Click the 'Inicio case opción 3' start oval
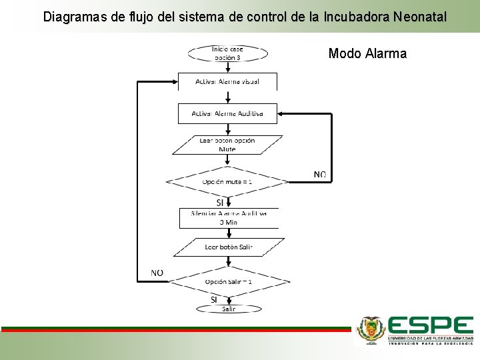tap(227, 53)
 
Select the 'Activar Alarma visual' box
tap(227, 81)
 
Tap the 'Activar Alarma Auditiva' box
tap(227, 113)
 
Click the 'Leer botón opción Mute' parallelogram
tap(227, 145)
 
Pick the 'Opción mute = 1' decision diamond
tap(227, 181)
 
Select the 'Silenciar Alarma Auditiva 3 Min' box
tap(228, 218)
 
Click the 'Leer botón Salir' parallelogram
tap(228, 247)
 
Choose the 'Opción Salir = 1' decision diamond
tap(228, 281)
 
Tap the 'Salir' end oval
tap(229, 309)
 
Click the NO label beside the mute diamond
tap(320, 175)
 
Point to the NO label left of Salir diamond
tap(157, 273)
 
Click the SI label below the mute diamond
tap(220, 202)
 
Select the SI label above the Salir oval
tap(214, 299)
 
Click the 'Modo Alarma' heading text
tap(367, 54)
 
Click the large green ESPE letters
tap(431, 326)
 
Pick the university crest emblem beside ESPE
tap(371, 329)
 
